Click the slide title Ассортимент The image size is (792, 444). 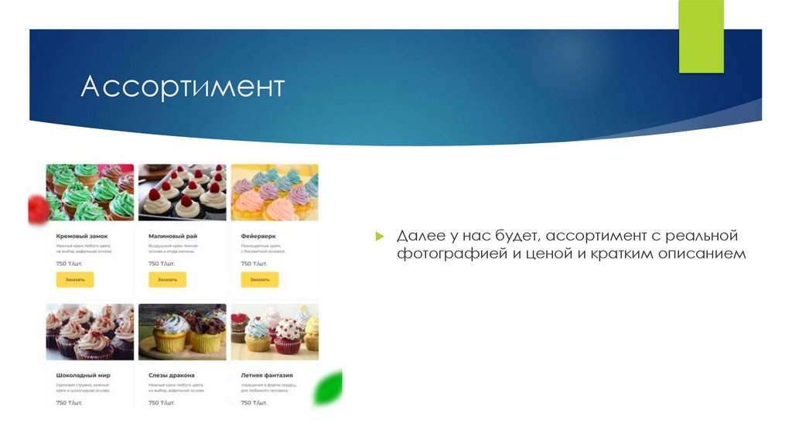[183, 87]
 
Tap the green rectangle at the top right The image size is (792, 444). [701, 36]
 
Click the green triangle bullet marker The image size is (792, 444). [380, 235]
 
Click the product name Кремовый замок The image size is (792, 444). [81, 236]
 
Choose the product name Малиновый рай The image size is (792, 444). [172, 236]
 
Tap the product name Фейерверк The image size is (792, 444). [258, 236]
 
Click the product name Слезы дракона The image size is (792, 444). [171, 375]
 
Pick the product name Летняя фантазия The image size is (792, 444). [267, 375]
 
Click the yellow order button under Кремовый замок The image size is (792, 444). [75, 279]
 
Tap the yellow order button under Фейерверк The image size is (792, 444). [260, 279]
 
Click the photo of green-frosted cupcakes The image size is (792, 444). [90, 192]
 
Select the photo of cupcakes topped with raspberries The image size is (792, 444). [182, 192]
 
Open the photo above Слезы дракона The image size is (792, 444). [182, 332]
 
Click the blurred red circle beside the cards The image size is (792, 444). [37, 209]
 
